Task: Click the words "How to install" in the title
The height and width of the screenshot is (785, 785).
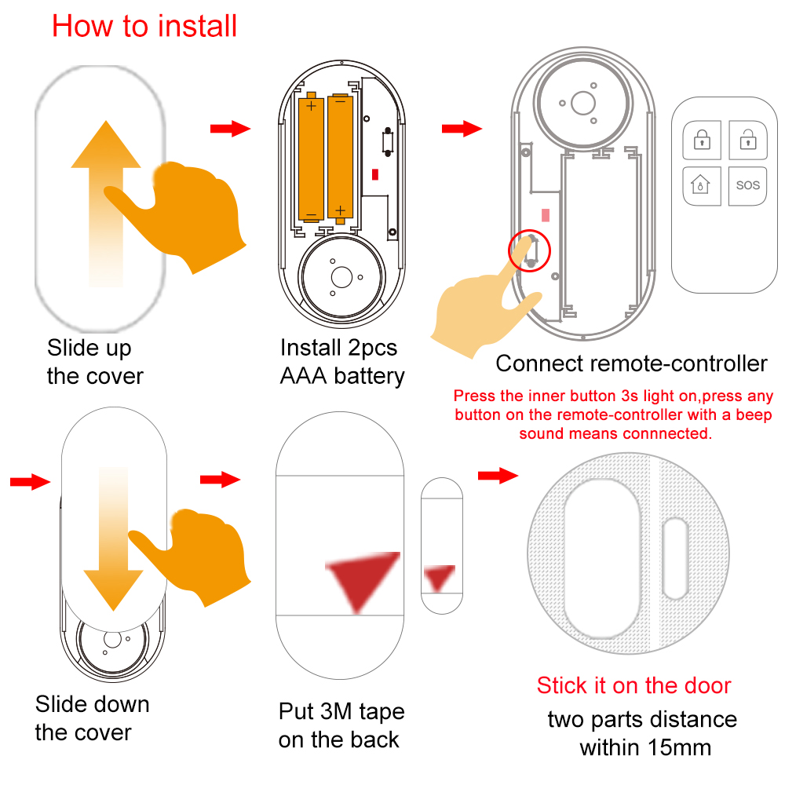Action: point(144,26)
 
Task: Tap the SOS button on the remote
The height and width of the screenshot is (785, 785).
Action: point(747,185)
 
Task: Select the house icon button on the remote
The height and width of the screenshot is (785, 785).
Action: point(699,185)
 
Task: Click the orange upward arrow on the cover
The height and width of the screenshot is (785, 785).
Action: point(106,196)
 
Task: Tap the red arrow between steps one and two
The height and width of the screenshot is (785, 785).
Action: point(230,129)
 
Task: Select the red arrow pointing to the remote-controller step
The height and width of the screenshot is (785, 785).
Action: point(462,129)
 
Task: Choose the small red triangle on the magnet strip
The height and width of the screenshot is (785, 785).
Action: point(440,577)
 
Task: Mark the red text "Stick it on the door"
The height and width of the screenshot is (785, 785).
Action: point(633,685)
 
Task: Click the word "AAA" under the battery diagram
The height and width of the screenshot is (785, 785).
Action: point(304,375)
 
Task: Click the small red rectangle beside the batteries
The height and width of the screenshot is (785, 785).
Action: point(375,174)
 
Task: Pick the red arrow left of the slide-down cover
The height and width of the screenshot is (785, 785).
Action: point(30,482)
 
